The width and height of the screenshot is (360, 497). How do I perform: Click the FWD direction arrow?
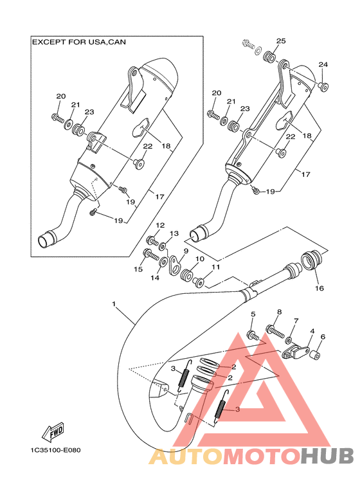(x=53, y=432)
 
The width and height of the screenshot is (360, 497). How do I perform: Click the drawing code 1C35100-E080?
(x=55, y=450)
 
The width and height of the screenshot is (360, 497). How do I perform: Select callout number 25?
(x=281, y=41)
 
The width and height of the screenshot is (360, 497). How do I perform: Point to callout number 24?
(x=323, y=65)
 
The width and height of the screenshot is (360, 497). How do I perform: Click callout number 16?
(x=319, y=288)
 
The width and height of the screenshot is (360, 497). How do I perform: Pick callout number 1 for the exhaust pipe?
(x=114, y=304)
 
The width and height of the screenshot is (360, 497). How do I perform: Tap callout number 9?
(x=186, y=251)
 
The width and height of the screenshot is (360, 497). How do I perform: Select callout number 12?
(x=160, y=226)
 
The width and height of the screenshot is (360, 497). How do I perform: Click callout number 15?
(x=138, y=269)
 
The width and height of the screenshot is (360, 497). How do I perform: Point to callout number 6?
(x=323, y=337)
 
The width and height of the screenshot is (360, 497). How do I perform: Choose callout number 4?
(x=312, y=331)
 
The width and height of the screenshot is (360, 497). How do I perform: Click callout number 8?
(x=279, y=312)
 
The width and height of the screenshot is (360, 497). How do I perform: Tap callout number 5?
(x=253, y=314)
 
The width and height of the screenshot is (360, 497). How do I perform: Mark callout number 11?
(x=215, y=267)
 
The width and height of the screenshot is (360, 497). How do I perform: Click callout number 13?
(x=174, y=233)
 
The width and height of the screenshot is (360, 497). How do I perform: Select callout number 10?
(x=200, y=259)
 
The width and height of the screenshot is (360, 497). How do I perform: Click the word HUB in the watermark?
(x=327, y=456)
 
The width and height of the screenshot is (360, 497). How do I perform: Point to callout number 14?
(x=155, y=278)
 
